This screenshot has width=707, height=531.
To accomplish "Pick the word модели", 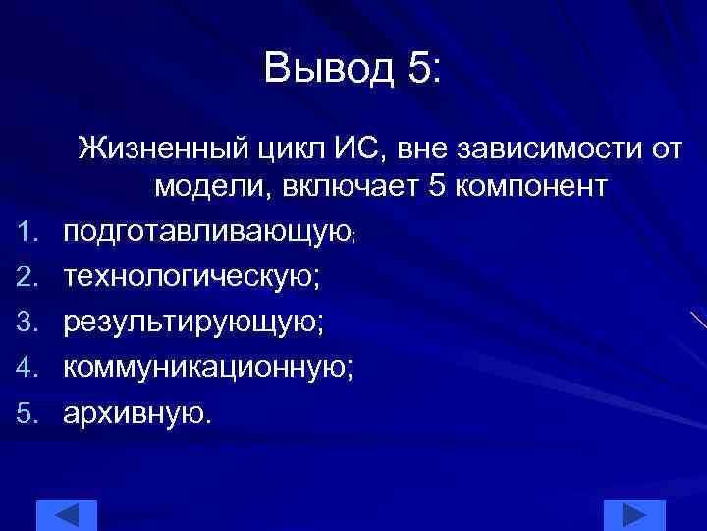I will pyautogui.click(x=209, y=187).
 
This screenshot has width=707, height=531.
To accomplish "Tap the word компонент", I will pyautogui.click(x=531, y=187).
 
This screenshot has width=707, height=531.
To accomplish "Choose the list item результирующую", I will pyautogui.click(x=188, y=323).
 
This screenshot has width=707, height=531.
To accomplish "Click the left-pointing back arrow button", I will pyautogui.click(x=67, y=515).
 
